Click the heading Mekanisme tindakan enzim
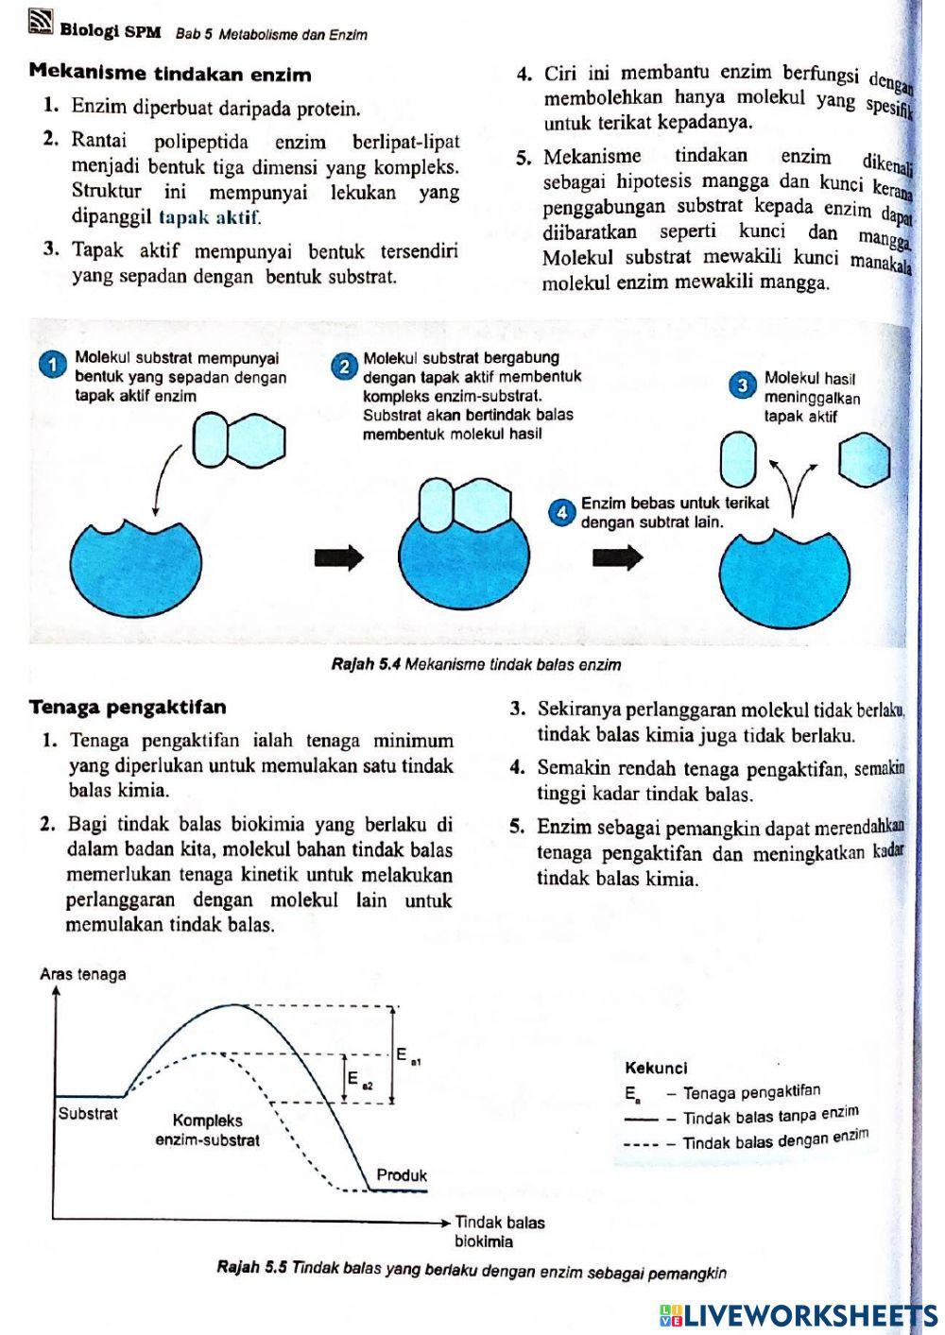point(170,74)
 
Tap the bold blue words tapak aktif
point(209,218)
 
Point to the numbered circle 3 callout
point(744,385)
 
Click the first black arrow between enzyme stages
point(338,557)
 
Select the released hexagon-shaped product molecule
point(865,458)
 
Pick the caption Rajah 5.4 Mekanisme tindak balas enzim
point(476,665)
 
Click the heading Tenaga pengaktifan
point(128,708)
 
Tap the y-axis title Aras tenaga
point(83,975)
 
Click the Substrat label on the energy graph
point(88,1114)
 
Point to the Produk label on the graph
point(402,1175)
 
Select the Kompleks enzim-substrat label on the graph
point(208,1130)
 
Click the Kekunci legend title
point(656,1069)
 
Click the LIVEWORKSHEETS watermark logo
point(799,1314)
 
